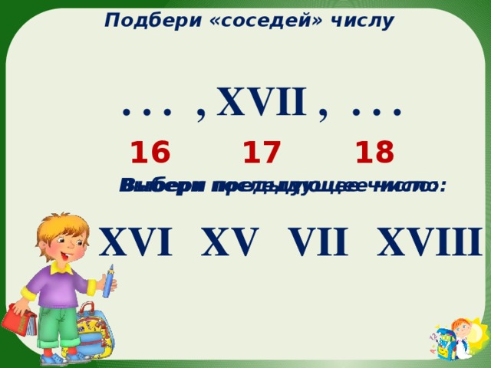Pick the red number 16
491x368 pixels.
coord(150,153)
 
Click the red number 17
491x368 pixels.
coord(262,153)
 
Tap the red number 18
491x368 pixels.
coord(374,153)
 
